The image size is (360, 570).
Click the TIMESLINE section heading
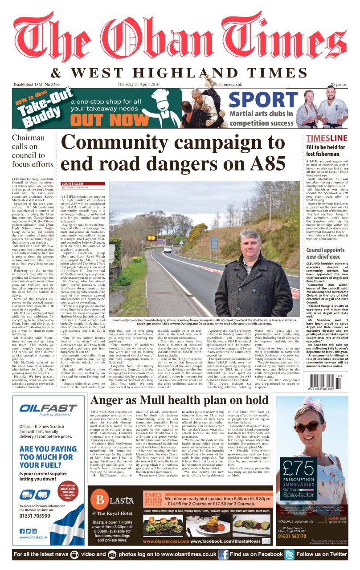click(327, 138)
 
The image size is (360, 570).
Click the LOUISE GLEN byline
click(75, 183)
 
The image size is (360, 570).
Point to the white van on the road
click(167, 249)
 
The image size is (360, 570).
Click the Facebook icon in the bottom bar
click(223, 554)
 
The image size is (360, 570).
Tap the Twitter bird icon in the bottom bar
click(290, 554)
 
